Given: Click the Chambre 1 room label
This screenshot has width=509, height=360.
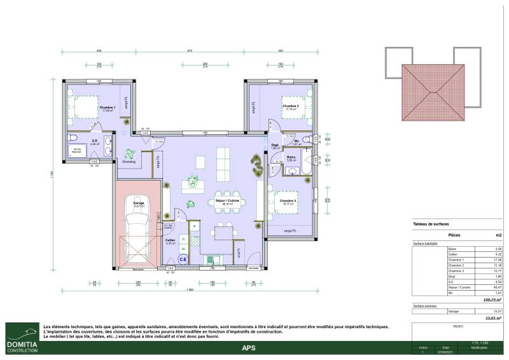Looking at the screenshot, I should (x=107, y=107).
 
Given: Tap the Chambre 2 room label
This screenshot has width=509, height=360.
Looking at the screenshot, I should (x=291, y=106).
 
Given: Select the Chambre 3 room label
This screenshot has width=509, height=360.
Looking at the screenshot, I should (x=288, y=201).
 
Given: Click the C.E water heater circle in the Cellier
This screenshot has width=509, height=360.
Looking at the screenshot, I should (x=183, y=259).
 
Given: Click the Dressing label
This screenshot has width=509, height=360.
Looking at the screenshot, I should (x=129, y=162).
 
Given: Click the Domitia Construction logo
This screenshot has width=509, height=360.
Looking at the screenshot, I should (x=21, y=339).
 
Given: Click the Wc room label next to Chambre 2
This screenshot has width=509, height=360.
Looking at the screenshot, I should (x=296, y=142).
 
